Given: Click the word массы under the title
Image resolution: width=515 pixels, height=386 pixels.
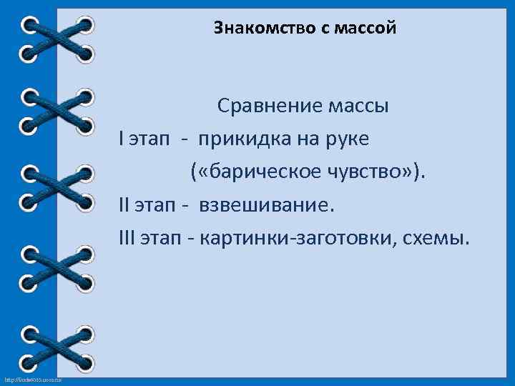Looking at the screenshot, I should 358,107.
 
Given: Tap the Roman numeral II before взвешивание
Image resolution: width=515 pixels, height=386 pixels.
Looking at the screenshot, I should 126,204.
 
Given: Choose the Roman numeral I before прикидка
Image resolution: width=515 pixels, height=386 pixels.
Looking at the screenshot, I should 122,139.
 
